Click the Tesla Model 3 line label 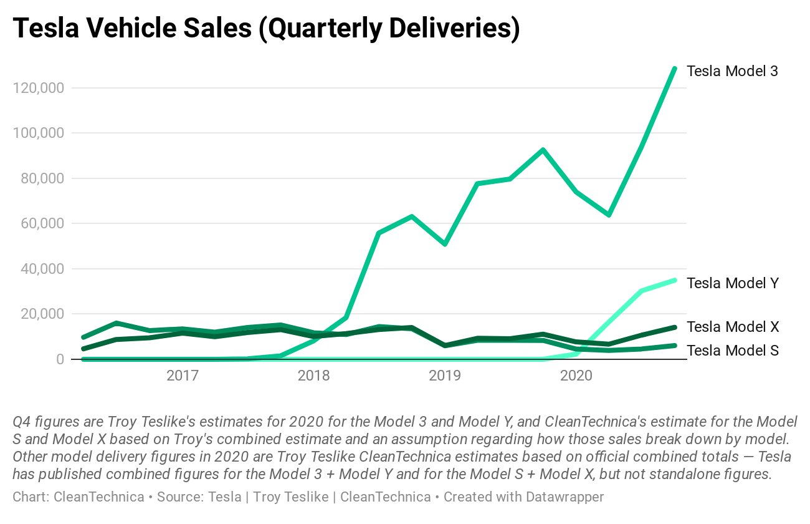click(732, 71)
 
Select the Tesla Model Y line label click(732, 283)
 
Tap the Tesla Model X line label click(732, 327)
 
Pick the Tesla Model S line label click(732, 351)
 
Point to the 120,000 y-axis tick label click(38, 88)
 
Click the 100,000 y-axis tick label click(38, 133)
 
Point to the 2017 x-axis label click(182, 376)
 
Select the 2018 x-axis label click(313, 376)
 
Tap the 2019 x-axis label click(445, 376)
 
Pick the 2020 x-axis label click(576, 376)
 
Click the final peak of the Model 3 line click(674, 68)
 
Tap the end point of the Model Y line click(674, 280)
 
